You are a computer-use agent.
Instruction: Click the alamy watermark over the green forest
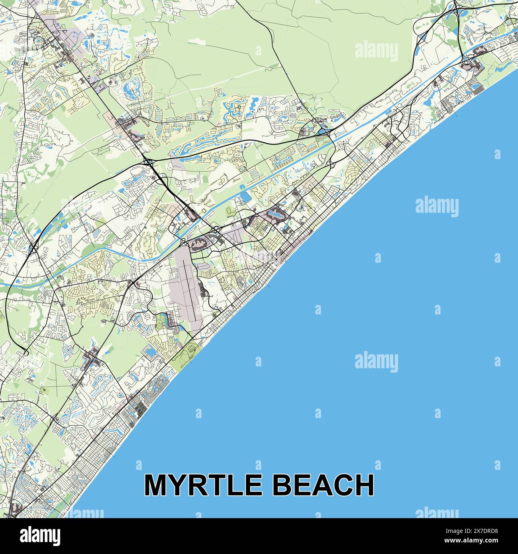click(x=376, y=51)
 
